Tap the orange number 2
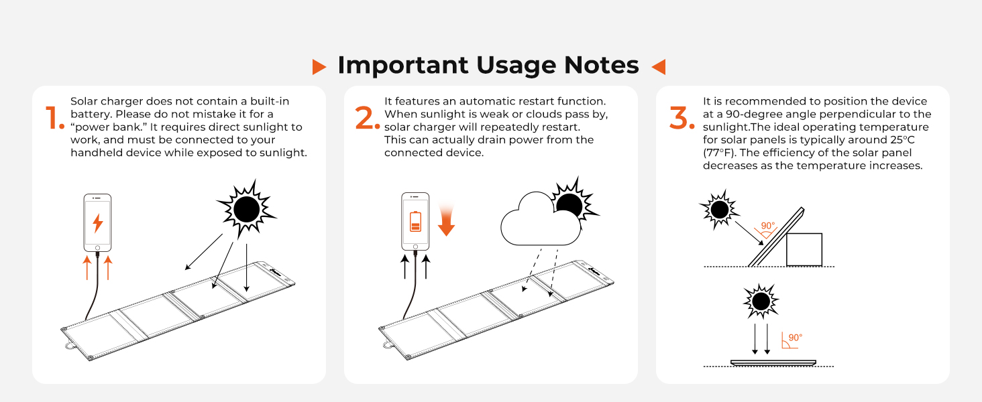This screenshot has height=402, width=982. coord(367,118)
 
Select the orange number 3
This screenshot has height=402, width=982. coord(682,118)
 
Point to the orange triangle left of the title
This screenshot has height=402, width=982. coord(319,66)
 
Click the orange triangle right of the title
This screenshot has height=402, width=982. coord(658,66)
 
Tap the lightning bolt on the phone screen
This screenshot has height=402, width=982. coord(98,222)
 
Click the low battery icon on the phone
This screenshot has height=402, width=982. coord(415,221)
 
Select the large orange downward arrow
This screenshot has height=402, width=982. coord(446,222)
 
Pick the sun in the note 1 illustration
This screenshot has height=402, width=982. coord(245,210)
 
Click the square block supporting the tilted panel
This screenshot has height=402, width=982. coord(804,249)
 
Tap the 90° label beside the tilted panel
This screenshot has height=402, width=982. coord(767,226)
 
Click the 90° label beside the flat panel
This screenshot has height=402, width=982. coord(795,338)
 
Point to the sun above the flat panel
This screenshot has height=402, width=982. coord(761,302)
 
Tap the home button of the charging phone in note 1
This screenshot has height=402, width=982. coord(98,247)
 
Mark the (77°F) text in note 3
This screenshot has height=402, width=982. coord(720,153)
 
